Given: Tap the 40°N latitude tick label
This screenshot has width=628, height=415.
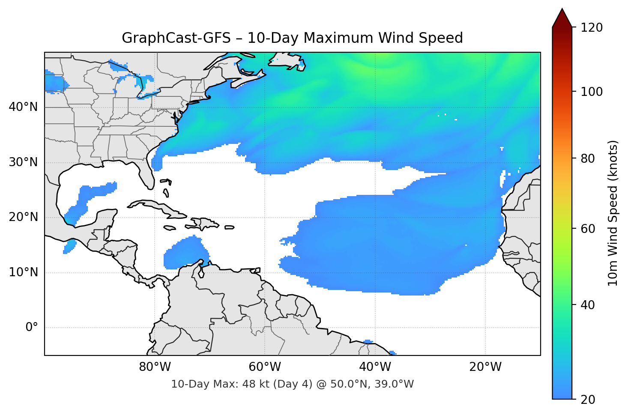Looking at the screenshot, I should [x=23, y=107].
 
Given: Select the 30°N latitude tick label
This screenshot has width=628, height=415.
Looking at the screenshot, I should [x=23, y=162].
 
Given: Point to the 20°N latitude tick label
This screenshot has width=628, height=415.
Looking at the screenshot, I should [x=23, y=217].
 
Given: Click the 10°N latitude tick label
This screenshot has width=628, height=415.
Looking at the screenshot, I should [x=23, y=272].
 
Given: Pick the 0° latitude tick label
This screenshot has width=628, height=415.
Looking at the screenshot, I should [x=32, y=328].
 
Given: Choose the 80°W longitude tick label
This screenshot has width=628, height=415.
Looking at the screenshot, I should [x=155, y=367].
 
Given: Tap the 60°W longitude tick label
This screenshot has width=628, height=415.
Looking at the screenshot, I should [x=265, y=367].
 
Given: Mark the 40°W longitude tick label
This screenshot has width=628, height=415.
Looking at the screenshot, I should [x=375, y=367].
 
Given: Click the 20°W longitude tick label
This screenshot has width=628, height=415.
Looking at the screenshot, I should [x=485, y=367].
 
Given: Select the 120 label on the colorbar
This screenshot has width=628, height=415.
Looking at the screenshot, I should [x=592, y=28].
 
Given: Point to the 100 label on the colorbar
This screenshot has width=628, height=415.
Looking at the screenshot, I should [x=592, y=92].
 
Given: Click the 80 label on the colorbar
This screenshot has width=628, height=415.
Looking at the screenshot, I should [x=588, y=158].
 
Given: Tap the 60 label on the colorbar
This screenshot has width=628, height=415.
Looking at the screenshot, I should [x=588, y=229].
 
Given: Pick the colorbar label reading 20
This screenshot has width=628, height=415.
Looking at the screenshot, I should [x=588, y=400].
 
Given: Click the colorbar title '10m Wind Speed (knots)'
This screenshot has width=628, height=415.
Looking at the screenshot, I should [x=613, y=213].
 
